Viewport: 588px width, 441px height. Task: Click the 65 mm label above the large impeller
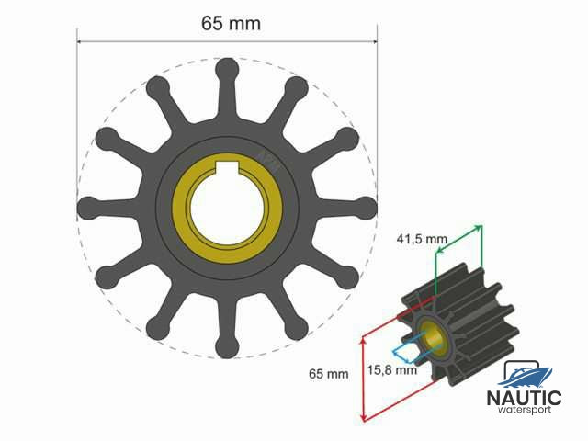tap(231, 24)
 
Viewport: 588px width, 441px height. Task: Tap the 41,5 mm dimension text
tap(422, 239)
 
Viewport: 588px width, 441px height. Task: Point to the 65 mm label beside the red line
tap(329, 374)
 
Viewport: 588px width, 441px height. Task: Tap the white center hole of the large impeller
tap(226, 207)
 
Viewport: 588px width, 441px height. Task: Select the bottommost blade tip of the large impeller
tap(226, 347)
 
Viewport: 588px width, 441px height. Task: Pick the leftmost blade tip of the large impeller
tap(86, 207)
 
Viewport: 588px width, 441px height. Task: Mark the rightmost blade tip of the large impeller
tap(367, 207)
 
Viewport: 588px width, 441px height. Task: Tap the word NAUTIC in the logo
tap(524, 398)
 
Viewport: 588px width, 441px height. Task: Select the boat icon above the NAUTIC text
tap(525, 374)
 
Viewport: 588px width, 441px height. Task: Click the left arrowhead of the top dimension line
tap(80, 41)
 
